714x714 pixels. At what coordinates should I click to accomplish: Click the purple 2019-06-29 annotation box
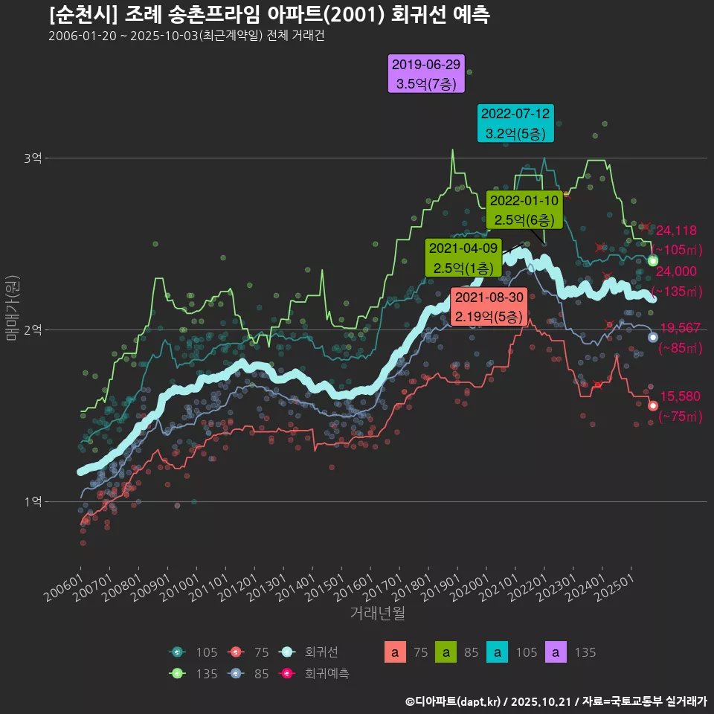426,74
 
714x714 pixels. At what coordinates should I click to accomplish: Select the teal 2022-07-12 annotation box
515,123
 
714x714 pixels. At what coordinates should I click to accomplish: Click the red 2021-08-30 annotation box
489,306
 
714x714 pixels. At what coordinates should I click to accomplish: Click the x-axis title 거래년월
377,614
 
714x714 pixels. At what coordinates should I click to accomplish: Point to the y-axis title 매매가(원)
12,307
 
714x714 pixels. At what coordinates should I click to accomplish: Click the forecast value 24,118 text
676,231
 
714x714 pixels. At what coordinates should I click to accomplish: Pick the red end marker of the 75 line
653,405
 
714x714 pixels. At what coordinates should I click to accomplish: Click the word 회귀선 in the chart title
411,15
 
